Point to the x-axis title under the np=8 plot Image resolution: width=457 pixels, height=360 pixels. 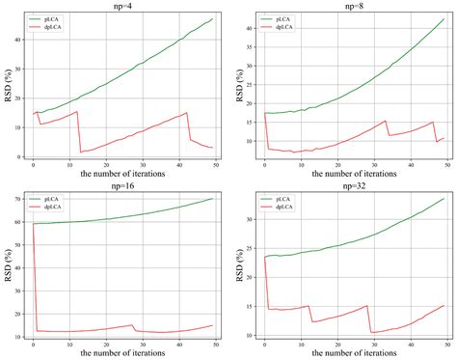(x=351, y=176)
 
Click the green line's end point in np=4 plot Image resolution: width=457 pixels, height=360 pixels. (x=212, y=18)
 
